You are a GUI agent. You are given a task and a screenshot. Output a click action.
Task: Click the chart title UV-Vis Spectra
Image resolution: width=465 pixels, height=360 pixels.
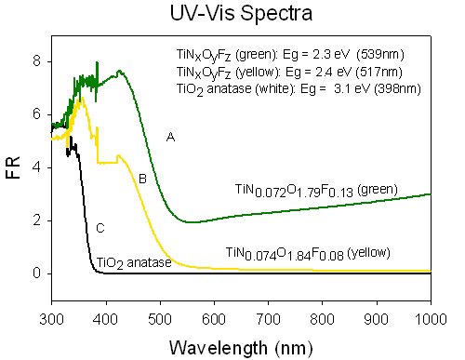tap(241, 13)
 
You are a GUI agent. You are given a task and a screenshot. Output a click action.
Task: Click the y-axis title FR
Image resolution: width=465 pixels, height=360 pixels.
tap(13, 167)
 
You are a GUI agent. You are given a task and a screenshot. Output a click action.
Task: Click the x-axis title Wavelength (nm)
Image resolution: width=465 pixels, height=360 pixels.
tap(241, 348)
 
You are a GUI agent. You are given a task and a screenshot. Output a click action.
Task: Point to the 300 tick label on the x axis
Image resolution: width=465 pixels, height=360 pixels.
tap(51, 319)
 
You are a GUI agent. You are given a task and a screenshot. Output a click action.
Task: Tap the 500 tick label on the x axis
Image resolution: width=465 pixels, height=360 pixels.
tap(160, 319)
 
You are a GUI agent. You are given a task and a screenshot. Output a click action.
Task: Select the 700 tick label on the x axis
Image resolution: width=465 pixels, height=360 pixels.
tap(269, 319)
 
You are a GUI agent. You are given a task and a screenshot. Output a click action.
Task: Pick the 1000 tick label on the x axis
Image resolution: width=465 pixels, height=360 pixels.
tap(431, 319)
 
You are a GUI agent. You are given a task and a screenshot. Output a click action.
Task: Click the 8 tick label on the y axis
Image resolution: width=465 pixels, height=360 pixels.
tap(36, 61)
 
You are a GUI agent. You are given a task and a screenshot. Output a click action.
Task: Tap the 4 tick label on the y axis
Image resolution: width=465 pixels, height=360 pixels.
tap(36, 167)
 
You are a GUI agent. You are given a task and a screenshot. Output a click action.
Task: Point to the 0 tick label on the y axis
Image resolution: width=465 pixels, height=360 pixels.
tap(36, 273)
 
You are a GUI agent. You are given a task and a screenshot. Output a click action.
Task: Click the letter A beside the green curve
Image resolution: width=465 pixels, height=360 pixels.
tap(170, 137)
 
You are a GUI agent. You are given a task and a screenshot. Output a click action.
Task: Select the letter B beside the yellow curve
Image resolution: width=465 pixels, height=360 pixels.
tap(142, 179)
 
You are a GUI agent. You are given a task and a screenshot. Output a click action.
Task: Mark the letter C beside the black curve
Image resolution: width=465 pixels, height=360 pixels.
tap(100, 229)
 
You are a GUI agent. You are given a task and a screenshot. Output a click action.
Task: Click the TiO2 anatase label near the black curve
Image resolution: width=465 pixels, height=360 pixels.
tap(134, 263)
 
